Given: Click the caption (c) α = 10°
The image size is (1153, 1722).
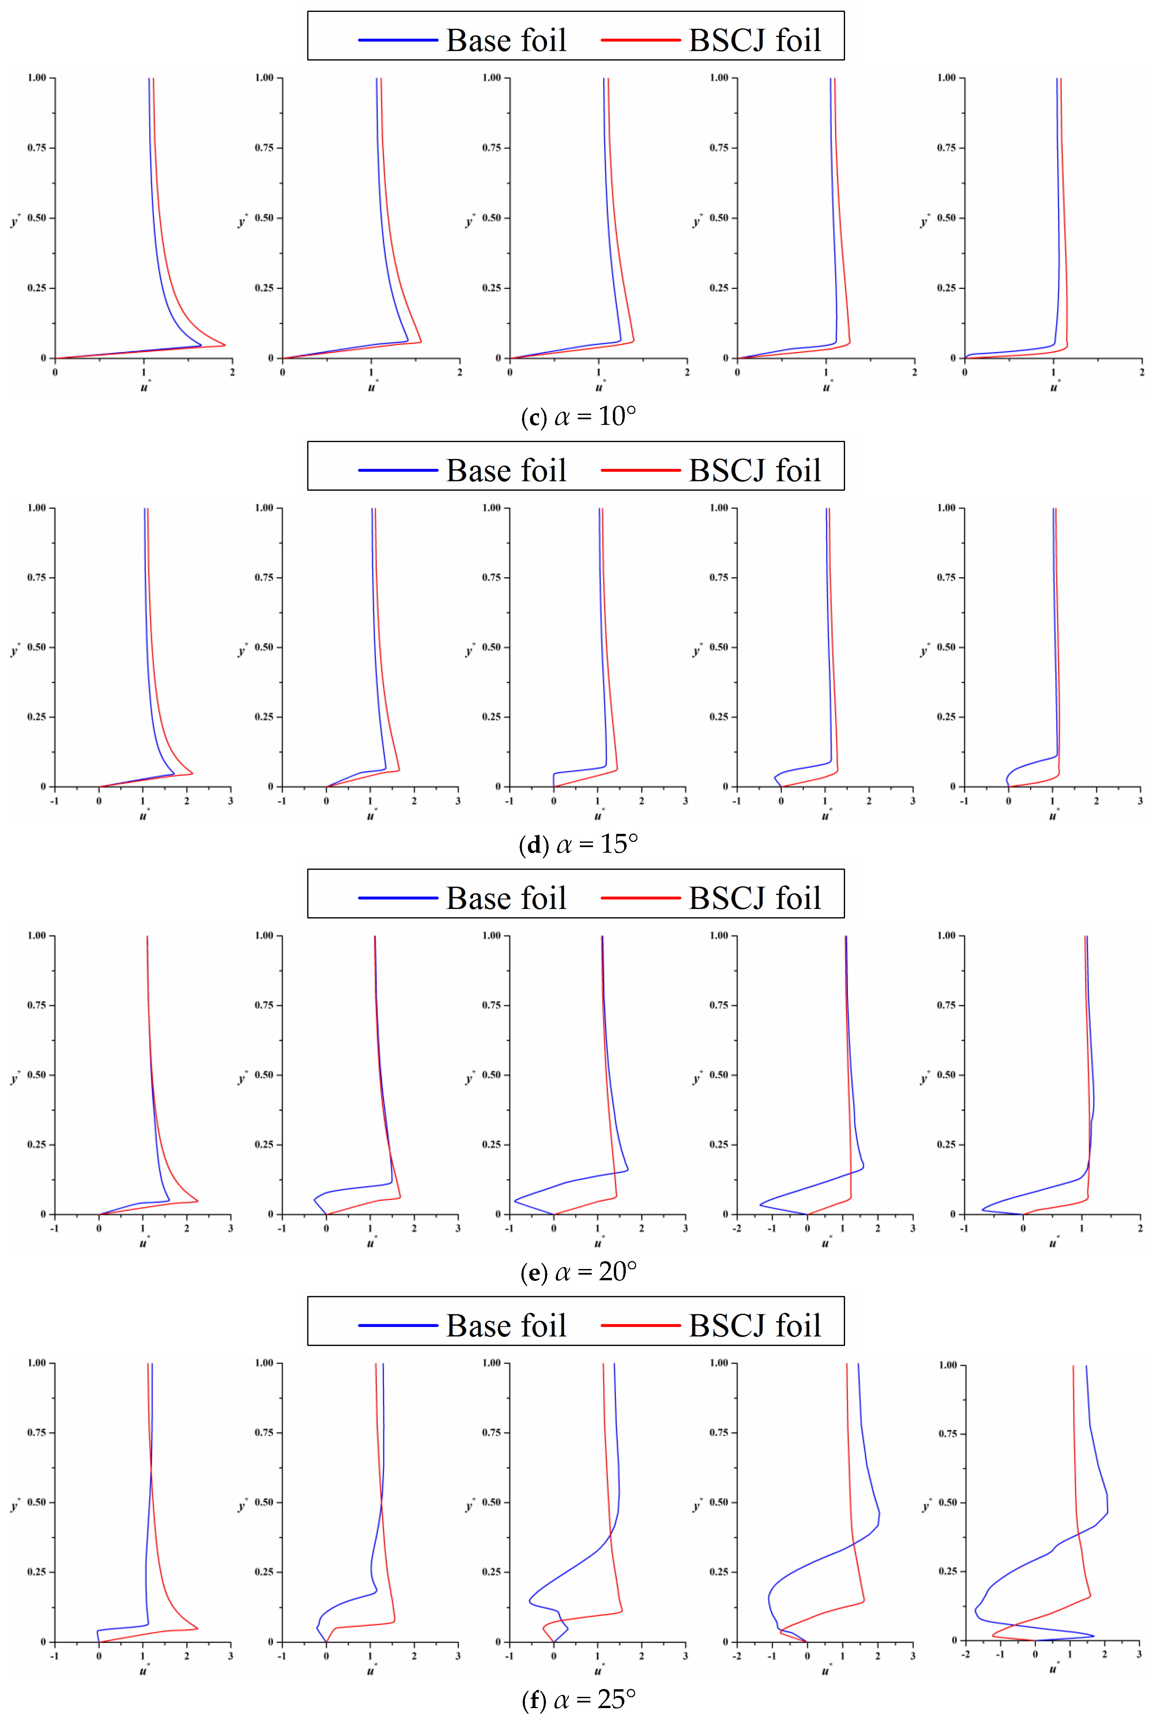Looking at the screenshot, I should point(578,417).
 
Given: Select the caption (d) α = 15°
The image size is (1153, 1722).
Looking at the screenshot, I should point(578,844).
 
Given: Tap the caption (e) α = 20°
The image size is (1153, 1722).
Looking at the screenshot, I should point(578,1272).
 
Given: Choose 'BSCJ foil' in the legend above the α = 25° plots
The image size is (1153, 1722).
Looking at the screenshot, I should point(754,1326).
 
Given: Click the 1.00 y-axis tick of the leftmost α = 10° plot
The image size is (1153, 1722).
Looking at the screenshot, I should point(37,77).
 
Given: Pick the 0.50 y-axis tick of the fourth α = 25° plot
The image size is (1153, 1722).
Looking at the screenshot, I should point(718,1502).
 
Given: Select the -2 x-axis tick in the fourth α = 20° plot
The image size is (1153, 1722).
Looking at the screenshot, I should point(737,1228).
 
